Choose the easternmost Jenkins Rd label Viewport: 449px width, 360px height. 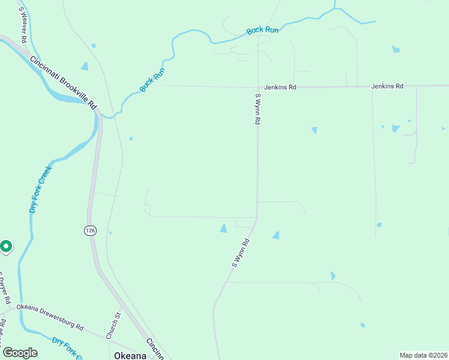click(387, 86)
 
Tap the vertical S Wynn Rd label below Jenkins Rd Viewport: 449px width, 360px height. click(258, 109)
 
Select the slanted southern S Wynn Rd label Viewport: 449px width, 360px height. click(241, 253)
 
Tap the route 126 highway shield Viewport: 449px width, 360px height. click(89, 230)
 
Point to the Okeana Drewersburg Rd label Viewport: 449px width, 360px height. click(50, 316)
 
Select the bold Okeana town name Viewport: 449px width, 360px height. click(130, 355)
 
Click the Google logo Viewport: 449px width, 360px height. click(20, 353)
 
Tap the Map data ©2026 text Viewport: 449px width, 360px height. click(423, 355)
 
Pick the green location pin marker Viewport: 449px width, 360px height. click(5, 246)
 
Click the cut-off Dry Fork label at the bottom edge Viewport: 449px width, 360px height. click(66, 349)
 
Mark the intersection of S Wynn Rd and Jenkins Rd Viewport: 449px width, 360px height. click(258, 87)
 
